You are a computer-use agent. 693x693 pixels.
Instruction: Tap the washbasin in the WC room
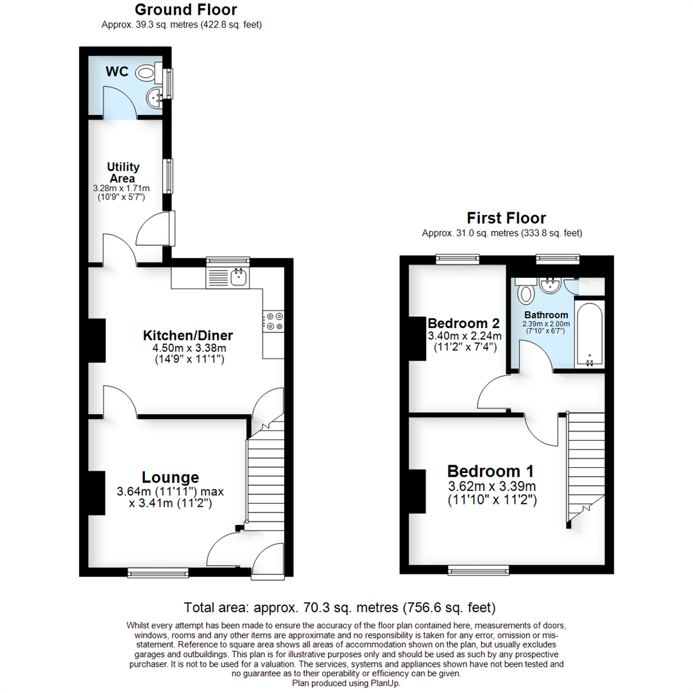point(155,98)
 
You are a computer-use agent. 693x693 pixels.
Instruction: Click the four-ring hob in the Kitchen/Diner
point(274,321)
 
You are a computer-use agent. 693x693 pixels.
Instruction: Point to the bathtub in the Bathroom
point(588,334)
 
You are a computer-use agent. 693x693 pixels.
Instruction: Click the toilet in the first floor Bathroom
point(526,294)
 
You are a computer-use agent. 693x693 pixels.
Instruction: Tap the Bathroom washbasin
point(550,285)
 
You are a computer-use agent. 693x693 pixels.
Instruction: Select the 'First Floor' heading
point(506,218)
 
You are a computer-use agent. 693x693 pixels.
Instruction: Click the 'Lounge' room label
point(170,477)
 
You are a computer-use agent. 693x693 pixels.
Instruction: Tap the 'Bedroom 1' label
point(490,470)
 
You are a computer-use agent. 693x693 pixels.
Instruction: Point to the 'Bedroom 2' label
point(464,322)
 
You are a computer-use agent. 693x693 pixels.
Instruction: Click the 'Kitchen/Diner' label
point(187,335)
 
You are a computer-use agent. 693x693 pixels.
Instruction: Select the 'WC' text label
point(117,72)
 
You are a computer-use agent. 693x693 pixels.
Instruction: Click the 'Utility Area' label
point(123,173)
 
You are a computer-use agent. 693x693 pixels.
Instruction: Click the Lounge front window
point(157,571)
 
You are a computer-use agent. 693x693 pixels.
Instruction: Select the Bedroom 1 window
point(478,569)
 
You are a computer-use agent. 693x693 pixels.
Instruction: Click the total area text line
point(339,607)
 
